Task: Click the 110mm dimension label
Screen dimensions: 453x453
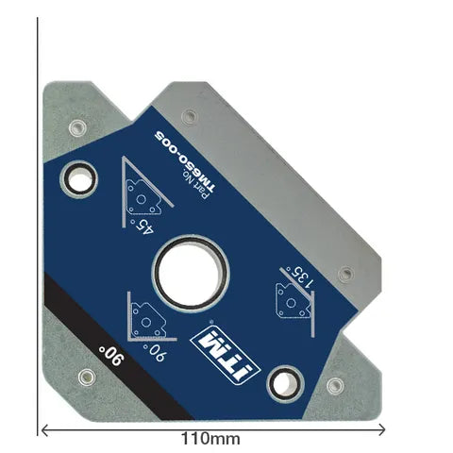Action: point(210,439)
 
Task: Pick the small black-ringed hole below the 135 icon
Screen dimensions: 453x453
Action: point(282,381)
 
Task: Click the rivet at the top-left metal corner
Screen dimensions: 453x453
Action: point(75,125)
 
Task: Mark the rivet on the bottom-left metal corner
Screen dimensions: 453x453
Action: point(87,377)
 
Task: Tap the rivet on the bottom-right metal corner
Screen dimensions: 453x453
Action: point(334,385)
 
